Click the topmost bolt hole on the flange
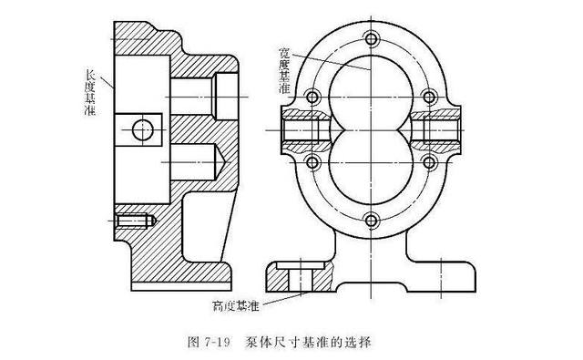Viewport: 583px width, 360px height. (x=373, y=39)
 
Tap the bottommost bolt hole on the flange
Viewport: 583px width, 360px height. (x=373, y=219)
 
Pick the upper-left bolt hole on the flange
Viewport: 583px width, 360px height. (x=312, y=96)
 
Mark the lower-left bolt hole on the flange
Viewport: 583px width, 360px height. (x=312, y=162)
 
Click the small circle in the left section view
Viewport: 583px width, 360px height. (x=142, y=129)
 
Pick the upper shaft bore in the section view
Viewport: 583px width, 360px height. (x=193, y=91)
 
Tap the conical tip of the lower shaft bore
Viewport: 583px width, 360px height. (x=218, y=161)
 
